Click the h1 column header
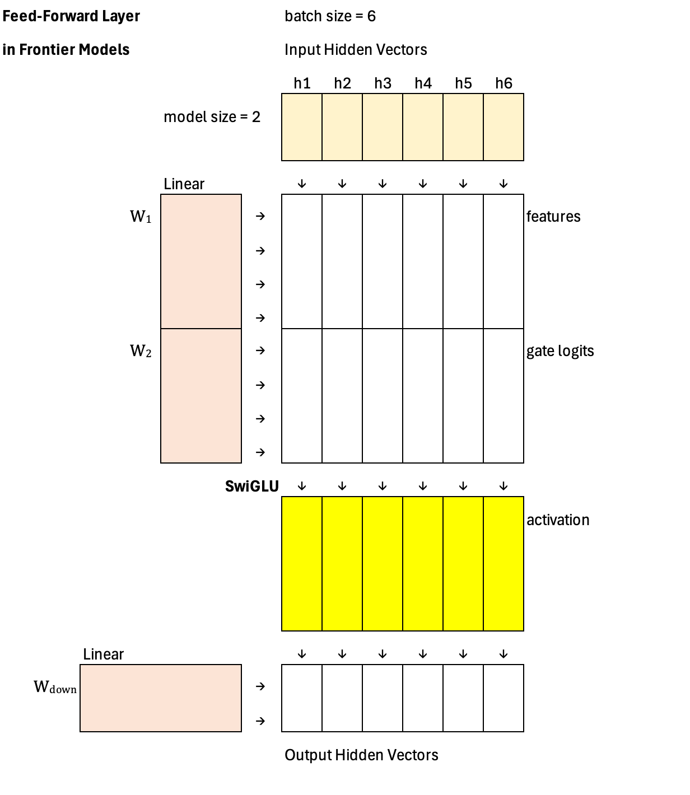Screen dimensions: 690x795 tap(302, 83)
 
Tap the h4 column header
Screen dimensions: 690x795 tap(423, 83)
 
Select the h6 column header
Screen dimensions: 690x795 tap(503, 83)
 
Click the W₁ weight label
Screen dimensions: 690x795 tap(141, 217)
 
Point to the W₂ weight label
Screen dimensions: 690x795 tap(141, 351)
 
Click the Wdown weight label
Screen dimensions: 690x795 tap(55, 687)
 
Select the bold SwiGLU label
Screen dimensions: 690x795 tap(251, 486)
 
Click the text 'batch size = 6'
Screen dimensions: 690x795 tap(330, 16)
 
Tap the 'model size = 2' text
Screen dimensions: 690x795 tap(212, 117)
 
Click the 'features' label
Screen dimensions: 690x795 tap(553, 217)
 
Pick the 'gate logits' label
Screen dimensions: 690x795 tap(560, 351)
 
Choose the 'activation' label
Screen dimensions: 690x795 tap(558, 520)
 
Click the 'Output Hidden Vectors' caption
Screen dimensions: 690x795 tap(361, 755)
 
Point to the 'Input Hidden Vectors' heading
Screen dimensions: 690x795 tap(356, 50)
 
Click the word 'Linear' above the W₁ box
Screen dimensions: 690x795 tap(184, 184)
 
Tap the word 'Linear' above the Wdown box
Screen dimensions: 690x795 tap(103, 654)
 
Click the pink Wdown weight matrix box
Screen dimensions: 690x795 tap(161, 698)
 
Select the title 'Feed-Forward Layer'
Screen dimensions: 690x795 tap(71, 16)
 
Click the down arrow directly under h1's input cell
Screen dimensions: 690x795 tap(302, 184)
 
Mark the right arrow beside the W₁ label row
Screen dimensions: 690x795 tap(260, 216)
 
